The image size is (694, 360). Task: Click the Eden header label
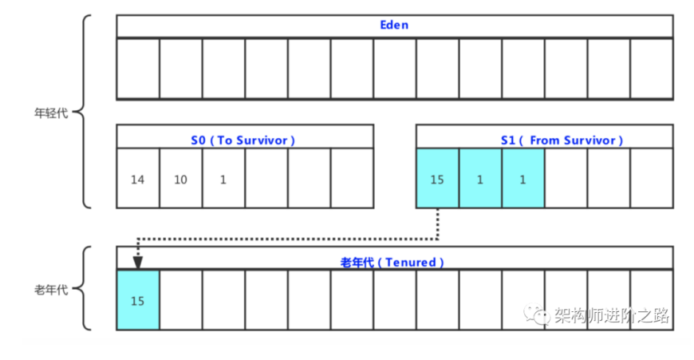[394, 26]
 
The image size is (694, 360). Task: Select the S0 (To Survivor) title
[243, 140]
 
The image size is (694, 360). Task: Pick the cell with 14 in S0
[138, 180]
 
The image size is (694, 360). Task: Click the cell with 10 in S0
[181, 180]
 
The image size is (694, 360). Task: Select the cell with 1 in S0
[223, 180]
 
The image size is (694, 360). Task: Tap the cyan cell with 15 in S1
[437, 180]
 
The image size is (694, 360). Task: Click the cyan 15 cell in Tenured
[138, 300]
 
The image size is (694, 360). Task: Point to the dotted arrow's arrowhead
[137, 263]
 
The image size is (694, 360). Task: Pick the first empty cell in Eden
[138, 68]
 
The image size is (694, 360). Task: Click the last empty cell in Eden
[652, 68]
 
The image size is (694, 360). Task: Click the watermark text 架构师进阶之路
[611, 315]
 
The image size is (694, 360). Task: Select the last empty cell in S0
[352, 180]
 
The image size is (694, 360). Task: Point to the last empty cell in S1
[652, 180]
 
